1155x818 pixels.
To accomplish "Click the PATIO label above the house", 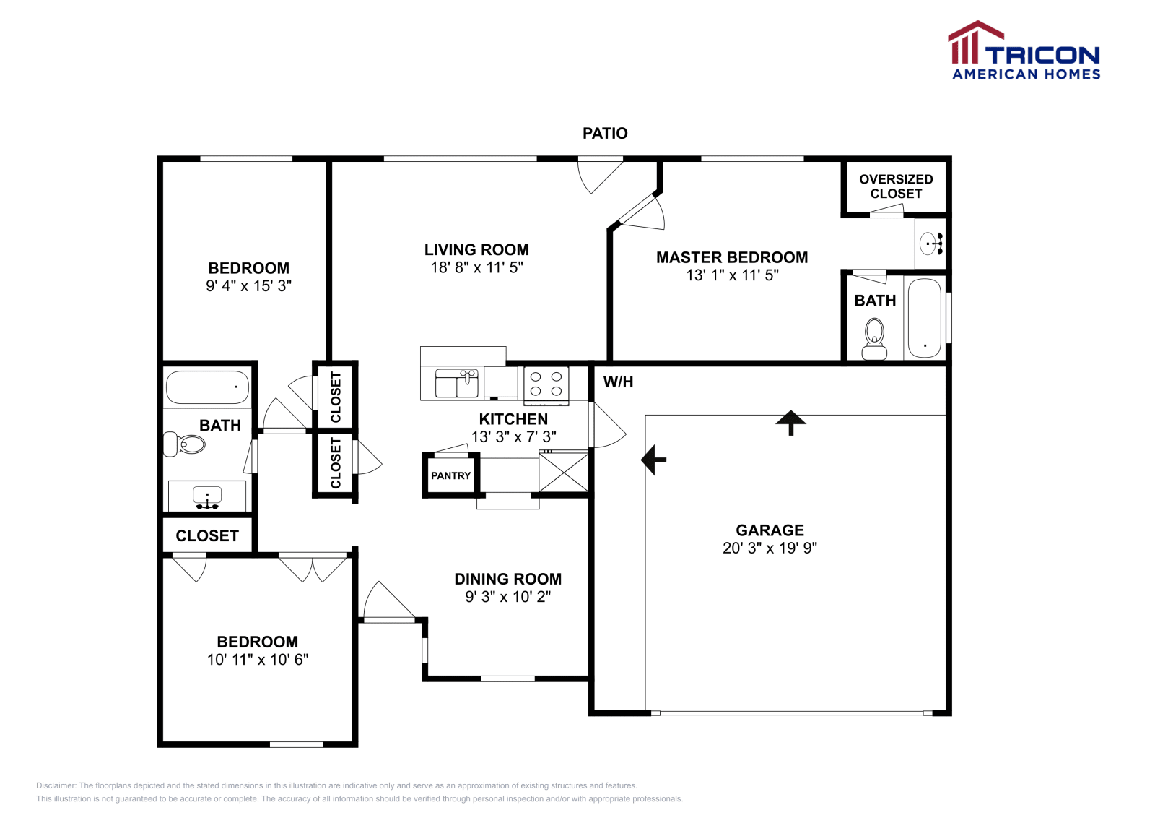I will pos(605,133).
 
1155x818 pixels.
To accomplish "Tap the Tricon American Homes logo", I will pos(1024,51).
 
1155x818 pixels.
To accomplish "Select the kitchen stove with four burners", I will pos(546,384).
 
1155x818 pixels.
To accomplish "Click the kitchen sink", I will pos(457,383).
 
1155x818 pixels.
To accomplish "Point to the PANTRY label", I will pos(450,475).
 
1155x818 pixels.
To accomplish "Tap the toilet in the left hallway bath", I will pos(185,444).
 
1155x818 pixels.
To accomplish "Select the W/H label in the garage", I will pos(618,382).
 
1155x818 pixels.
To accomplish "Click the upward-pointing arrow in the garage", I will pos(791,422).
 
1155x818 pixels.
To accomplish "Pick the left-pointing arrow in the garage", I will pos(654,460).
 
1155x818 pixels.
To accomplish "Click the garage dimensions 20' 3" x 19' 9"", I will pos(770,548).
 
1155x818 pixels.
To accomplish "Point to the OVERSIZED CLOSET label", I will pos(896,186).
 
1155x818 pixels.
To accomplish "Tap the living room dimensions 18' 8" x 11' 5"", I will pos(476,267).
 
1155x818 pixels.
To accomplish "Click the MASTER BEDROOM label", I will pos(731,257).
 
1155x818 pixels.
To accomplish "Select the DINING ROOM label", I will pos(507,579).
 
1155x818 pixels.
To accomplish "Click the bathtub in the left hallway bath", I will pos(207,387).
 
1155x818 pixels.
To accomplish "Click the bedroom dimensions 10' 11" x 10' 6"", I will pos(258,659).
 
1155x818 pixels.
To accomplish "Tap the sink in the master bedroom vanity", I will pos(930,244).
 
